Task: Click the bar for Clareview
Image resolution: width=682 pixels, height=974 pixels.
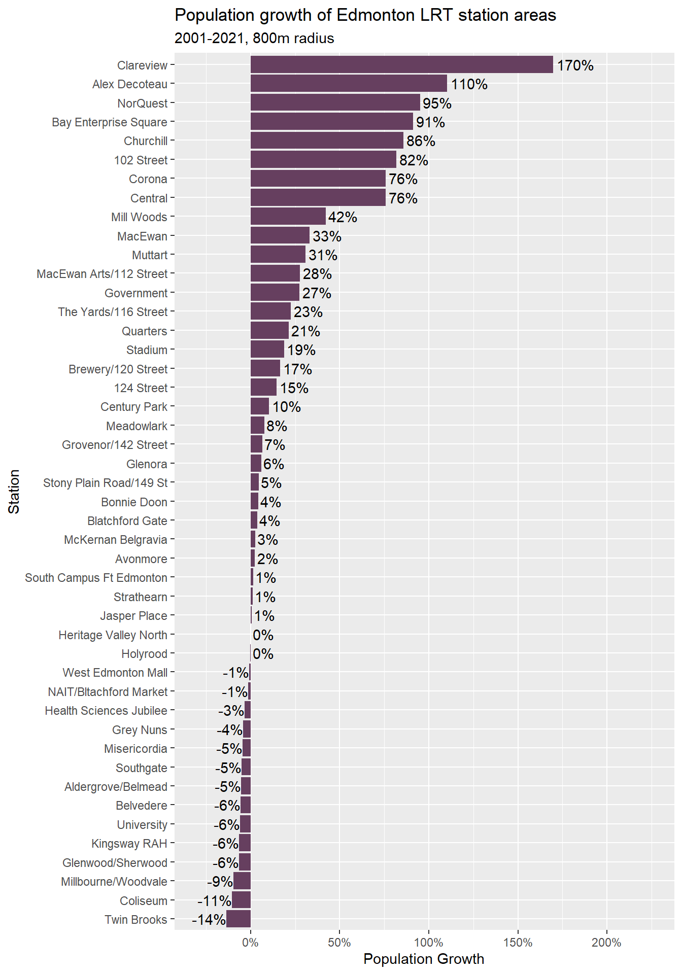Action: [x=401, y=65]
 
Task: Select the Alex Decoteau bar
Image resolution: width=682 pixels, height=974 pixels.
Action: [x=349, y=84]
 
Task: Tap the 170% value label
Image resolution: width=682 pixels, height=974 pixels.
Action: [x=575, y=65]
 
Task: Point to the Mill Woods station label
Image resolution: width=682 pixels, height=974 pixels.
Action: [x=139, y=217]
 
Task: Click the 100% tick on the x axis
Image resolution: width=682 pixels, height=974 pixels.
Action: [x=428, y=943]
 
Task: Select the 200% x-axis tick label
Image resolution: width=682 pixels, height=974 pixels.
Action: [x=606, y=943]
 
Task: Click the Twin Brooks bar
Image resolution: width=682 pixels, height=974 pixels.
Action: [x=238, y=919]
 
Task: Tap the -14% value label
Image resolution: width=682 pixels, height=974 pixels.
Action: [x=209, y=920]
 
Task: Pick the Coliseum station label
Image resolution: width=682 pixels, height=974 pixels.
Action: [x=144, y=901]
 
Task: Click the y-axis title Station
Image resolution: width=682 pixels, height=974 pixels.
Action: [x=14, y=491]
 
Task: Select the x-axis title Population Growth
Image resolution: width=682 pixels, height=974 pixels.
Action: [x=424, y=959]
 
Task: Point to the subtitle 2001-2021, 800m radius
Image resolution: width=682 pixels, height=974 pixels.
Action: [x=254, y=39]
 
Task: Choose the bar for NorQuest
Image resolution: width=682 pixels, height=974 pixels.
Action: [x=335, y=103]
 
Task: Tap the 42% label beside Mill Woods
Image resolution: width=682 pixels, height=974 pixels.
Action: [x=343, y=217]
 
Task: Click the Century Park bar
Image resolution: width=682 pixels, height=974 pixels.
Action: [x=260, y=406]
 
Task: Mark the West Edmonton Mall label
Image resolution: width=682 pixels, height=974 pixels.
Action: [x=115, y=673]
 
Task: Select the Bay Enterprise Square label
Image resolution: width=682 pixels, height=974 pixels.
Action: [x=110, y=122]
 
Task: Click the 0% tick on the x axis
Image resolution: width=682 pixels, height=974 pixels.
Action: [x=250, y=943]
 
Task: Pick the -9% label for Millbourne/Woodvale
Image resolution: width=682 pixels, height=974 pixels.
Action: [x=220, y=882]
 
